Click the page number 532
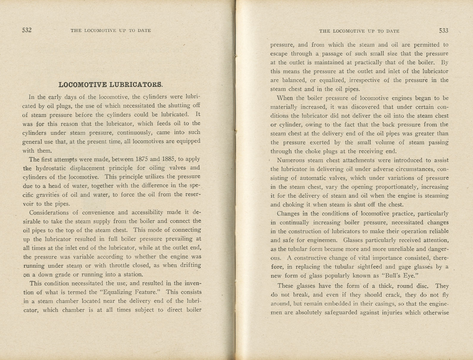click(27, 30)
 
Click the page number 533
click(443, 31)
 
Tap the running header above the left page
click(111, 30)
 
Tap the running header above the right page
click(359, 31)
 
